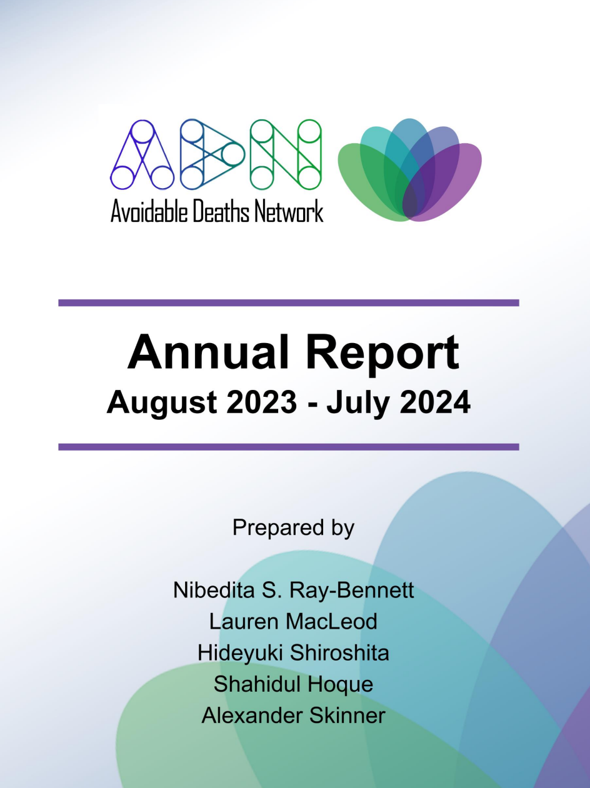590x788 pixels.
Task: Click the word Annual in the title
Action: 207,352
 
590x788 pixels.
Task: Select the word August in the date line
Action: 162,404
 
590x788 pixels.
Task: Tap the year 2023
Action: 262,402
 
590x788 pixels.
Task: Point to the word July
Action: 357,404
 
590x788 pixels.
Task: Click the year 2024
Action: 435,402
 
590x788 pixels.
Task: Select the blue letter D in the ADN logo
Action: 212,154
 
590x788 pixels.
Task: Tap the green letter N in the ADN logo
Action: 286,154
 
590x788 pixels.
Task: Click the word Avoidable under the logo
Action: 149,211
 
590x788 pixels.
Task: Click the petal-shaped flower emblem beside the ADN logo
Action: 409,170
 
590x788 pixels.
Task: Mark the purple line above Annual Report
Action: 289,302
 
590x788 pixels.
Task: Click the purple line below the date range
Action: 289,447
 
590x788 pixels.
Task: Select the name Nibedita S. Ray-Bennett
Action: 294,590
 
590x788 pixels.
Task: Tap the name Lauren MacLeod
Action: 293,621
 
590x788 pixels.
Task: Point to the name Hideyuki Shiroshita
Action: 293,653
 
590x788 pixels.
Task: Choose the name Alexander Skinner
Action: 293,716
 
